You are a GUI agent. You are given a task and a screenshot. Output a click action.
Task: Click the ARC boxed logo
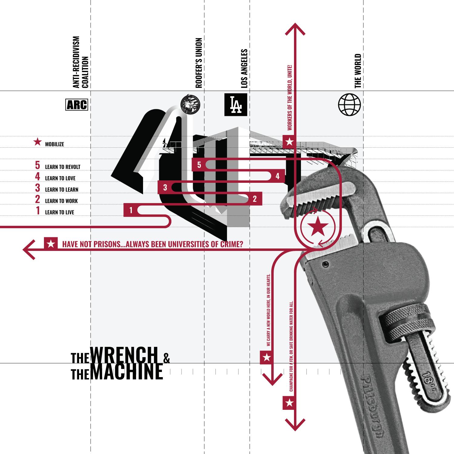point(77,105)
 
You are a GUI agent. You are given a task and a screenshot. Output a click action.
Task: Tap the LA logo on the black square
point(235,104)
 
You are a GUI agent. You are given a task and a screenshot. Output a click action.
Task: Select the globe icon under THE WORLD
point(349,104)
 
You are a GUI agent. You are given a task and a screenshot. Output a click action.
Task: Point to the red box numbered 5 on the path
point(199,165)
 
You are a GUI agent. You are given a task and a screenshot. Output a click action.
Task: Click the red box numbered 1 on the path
point(131,210)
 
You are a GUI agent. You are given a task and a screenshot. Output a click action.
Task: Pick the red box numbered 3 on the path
point(165,187)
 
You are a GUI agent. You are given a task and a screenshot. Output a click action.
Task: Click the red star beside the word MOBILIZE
point(38,142)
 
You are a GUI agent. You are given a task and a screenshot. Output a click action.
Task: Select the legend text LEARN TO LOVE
point(60,178)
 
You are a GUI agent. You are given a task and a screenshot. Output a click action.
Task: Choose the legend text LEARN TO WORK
point(61,201)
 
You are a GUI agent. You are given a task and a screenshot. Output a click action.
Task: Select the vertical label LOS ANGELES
point(244,69)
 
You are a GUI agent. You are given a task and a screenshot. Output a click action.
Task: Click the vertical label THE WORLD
point(358,71)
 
